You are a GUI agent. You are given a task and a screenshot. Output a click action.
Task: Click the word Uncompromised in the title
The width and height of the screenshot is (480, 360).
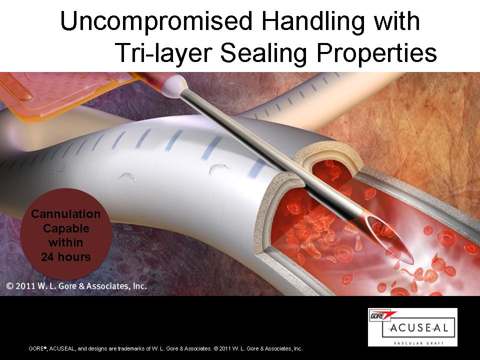[x=156, y=21]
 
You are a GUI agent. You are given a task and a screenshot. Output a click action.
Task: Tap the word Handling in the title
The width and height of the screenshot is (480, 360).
[x=313, y=22]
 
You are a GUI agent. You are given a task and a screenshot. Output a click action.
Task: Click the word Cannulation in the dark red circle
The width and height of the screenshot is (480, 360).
[x=66, y=213]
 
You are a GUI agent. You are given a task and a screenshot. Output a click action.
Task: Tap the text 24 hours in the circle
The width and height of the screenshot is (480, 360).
[x=66, y=256]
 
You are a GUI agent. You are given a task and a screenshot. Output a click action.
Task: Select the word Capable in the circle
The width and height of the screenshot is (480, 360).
[x=66, y=228]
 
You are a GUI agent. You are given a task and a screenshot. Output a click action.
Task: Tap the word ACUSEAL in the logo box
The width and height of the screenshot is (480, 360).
[x=418, y=328]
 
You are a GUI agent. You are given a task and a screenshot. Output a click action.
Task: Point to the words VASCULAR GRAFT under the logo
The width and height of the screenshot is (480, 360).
[x=418, y=343]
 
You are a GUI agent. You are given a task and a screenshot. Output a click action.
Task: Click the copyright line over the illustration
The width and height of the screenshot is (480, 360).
[x=76, y=286]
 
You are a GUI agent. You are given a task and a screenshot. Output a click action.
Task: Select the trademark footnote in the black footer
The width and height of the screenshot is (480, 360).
[x=165, y=348]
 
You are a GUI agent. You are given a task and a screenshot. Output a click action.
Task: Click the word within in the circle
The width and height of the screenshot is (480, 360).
[x=66, y=242]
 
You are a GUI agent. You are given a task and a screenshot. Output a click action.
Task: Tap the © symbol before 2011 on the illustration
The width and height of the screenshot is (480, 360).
[x=10, y=286]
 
